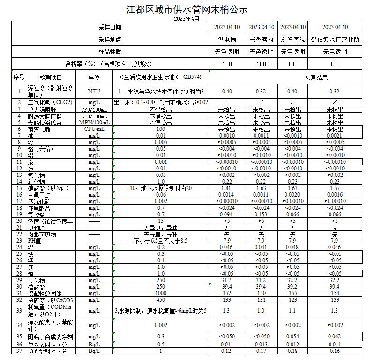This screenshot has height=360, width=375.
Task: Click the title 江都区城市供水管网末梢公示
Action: pyautogui.click(x=187, y=9)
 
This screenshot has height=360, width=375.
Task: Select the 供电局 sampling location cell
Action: pyautogui.click(x=227, y=40)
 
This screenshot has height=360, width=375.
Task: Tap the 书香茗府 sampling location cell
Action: pyautogui.click(x=262, y=40)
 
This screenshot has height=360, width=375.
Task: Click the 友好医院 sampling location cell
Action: pyautogui.click(x=292, y=40)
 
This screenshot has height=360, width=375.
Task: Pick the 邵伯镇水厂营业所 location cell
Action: pyautogui.click(x=335, y=40)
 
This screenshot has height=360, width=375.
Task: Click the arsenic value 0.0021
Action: pyautogui.click(x=335, y=135)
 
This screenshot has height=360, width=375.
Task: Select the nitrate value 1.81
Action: pyautogui.click(x=227, y=188)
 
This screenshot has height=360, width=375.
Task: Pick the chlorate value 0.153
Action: pyautogui.click(x=262, y=214)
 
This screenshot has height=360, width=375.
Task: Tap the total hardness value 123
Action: pyautogui.click(x=292, y=299)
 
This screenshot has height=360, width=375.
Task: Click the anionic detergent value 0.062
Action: pyautogui.click(x=335, y=337)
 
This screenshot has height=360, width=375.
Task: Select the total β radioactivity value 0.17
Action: pyautogui.click(x=262, y=351)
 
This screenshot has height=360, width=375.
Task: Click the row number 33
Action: pyautogui.click(x=19, y=310)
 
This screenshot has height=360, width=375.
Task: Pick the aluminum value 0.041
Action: pyautogui.click(x=262, y=247)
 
